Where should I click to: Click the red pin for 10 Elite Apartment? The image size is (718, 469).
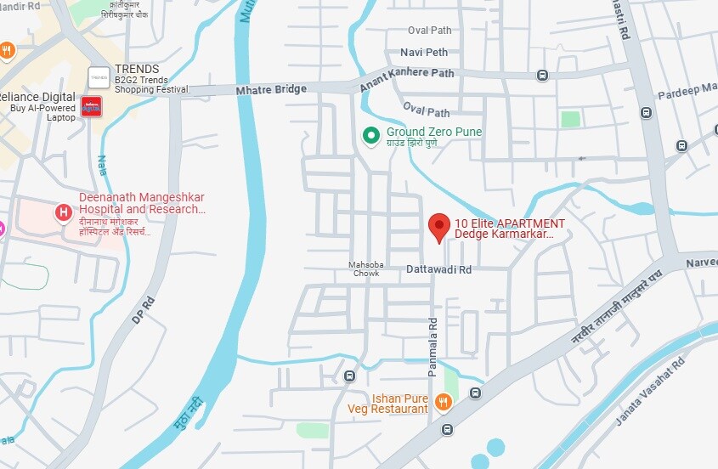pos(438,226)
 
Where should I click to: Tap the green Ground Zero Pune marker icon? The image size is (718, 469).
pos(370,135)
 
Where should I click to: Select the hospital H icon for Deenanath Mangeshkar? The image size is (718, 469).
pos(63,212)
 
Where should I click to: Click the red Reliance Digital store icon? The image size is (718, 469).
pos(90,106)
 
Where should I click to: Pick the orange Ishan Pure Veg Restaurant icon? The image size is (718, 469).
pos(443,402)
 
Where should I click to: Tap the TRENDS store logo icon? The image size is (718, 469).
pos(99,76)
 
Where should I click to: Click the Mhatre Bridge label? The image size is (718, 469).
pos(270,89)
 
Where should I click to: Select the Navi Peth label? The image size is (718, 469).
pos(423,53)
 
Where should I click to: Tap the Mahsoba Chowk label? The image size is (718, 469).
pos(367,269)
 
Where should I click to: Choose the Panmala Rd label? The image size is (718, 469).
pos(432,336)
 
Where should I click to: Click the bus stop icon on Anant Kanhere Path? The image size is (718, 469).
pos(542,76)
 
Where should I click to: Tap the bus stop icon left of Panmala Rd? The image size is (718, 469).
pos(349,376)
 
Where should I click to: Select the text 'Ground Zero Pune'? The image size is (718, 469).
pos(433,132)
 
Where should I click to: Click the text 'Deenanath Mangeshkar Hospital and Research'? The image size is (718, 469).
pos(141,203)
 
